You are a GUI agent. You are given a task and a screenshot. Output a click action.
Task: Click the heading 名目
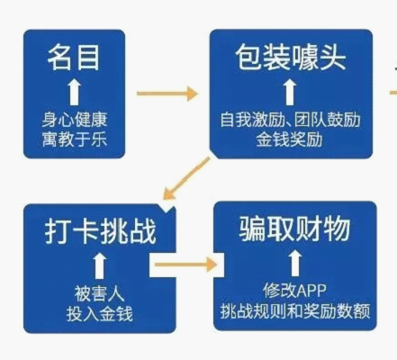[74, 58]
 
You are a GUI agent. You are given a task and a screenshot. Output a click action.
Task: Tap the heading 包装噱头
[291, 58]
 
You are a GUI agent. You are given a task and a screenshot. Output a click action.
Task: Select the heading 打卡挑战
[101, 230]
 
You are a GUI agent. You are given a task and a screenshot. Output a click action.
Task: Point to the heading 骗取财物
[294, 229]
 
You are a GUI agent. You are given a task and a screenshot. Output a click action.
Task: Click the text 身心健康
[75, 120]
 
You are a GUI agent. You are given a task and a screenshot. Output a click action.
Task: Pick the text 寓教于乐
[75, 139]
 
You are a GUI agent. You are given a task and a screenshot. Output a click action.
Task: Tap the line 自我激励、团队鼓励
[290, 120]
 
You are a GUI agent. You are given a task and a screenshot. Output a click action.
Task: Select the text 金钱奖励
[290, 139]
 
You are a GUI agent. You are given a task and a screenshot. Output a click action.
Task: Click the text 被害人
[99, 293]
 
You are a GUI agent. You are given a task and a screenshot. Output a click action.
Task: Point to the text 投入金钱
[99, 314]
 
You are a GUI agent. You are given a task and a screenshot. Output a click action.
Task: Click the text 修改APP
[294, 290]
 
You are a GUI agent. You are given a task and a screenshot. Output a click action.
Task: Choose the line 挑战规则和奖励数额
[295, 310]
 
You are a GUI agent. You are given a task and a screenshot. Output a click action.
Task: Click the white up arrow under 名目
[74, 93]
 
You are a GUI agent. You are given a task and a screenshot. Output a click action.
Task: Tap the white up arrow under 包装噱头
[290, 92]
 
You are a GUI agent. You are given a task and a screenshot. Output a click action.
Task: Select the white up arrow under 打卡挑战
[99, 266]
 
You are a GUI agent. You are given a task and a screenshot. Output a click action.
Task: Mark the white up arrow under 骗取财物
[295, 263]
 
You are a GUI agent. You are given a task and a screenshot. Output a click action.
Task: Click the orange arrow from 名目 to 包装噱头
[167, 94]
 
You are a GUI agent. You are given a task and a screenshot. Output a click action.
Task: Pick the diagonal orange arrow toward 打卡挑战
[186, 178]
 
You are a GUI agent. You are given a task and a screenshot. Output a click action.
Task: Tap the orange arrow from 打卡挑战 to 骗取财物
[185, 265]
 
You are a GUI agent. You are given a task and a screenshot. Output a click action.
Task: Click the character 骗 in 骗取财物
[252, 229]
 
